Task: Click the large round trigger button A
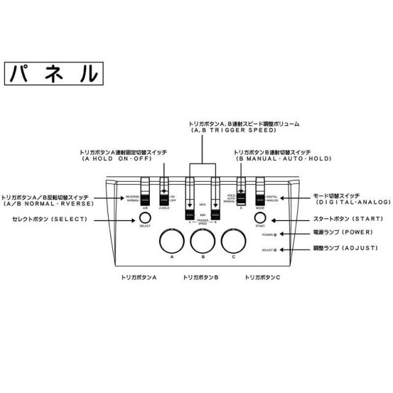[x=173, y=240]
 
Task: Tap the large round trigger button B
[x=203, y=240]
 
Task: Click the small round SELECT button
[x=145, y=218]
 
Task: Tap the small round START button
[x=260, y=219]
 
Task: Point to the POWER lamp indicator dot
[x=276, y=235]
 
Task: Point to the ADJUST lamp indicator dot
[x=276, y=250]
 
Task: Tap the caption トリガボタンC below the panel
[x=263, y=278]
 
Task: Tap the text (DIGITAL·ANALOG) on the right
[x=353, y=202]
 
